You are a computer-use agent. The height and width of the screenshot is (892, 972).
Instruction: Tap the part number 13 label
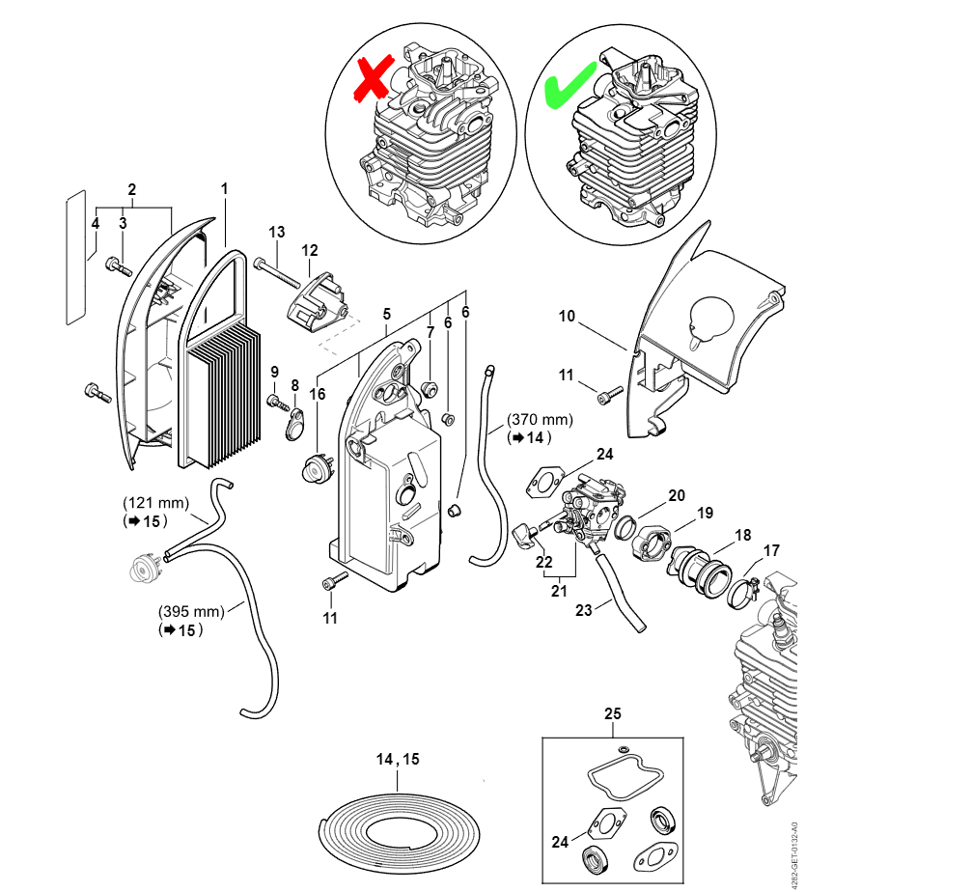pos(277,232)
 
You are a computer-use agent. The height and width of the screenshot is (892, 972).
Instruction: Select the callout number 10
pos(567,316)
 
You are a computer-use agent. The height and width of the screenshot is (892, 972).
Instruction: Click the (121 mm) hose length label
pos(155,503)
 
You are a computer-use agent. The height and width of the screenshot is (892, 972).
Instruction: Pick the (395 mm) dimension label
pos(191,611)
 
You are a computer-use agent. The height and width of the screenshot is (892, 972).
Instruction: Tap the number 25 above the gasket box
pos(613,714)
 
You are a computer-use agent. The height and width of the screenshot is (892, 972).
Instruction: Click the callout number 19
pos(706,513)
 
